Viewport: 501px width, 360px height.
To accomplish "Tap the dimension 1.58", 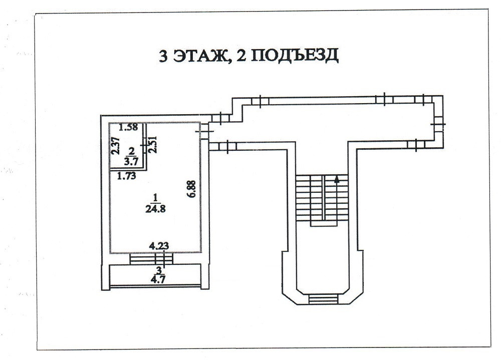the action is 128,127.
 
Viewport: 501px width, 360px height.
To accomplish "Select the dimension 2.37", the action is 115,149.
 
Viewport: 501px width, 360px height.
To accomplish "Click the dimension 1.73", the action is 126,176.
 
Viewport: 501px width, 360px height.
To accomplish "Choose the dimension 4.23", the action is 159,246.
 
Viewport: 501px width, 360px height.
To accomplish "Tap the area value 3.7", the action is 132,162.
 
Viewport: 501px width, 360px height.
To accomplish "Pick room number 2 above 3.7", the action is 132,150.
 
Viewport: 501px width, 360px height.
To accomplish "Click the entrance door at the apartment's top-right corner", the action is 204,132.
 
